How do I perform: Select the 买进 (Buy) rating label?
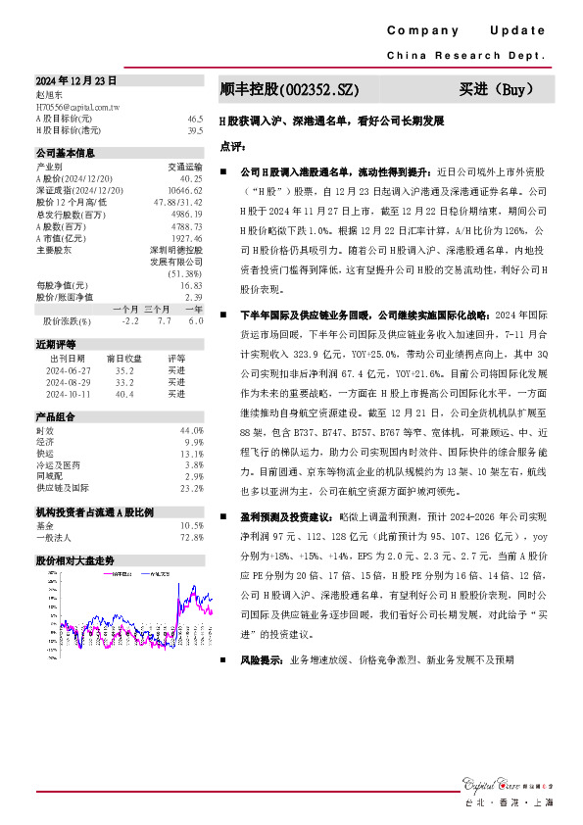496,90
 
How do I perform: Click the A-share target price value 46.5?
195,118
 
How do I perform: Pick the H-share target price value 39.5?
195,129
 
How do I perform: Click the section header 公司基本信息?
66,154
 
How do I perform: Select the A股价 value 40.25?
192,179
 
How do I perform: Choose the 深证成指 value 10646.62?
185,190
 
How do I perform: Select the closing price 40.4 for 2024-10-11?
124,394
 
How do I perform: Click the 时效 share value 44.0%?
191,431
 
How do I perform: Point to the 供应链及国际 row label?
62,487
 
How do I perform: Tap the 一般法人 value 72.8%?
191,537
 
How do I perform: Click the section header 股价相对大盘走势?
75,561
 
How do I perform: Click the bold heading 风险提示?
261,661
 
